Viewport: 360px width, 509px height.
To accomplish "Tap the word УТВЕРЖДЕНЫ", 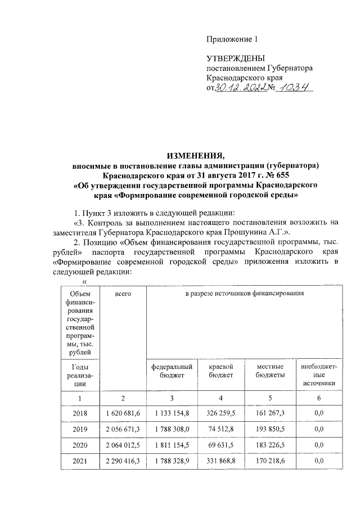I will [x=235, y=58].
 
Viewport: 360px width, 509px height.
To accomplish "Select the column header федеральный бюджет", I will [x=172, y=371].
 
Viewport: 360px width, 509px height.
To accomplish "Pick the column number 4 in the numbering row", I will [x=221, y=398].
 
